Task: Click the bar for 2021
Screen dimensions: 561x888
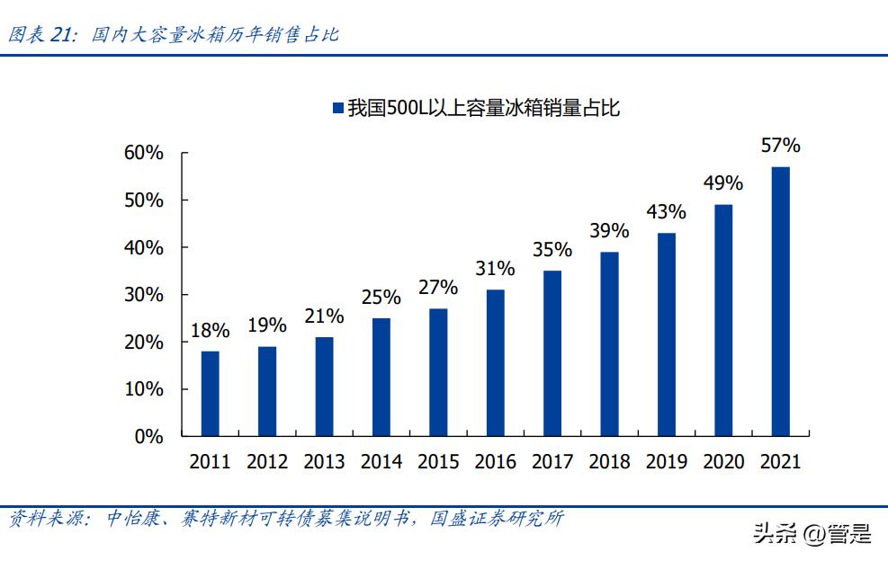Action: (x=780, y=301)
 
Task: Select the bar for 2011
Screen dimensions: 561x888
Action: (x=210, y=394)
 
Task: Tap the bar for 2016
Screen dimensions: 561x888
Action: (x=495, y=362)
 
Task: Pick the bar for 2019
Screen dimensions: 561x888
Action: (x=667, y=334)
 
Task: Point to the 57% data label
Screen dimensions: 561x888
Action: (x=780, y=146)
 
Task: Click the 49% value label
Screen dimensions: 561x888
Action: (x=723, y=183)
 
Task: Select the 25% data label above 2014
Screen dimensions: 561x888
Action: (x=381, y=296)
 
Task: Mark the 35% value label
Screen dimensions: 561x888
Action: (x=552, y=249)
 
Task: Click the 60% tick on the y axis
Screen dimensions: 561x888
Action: (x=144, y=153)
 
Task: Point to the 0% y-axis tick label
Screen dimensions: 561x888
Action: (x=149, y=437)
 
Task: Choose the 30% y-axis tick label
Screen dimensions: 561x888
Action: (x=144, y=295)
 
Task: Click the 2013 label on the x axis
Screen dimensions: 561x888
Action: (x=324, y=462)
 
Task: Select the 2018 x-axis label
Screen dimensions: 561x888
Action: (x=609, y=462)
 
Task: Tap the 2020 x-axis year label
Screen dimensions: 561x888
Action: (x=723, y=462)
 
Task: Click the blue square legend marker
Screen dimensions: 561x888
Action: (x=338, y=109)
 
